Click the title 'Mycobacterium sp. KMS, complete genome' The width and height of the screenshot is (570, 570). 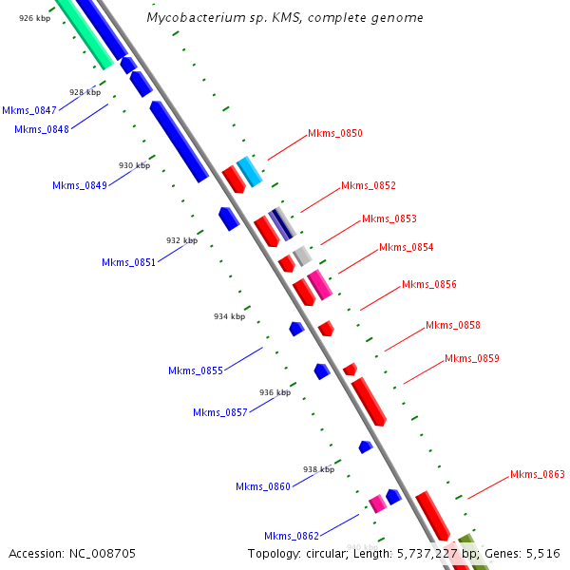click(x=285, y=18)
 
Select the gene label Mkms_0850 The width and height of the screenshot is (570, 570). click(x=335, y=134)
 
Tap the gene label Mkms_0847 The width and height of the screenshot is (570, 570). click(x=29, y=110)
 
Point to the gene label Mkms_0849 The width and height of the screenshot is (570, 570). click(x=79, y=185)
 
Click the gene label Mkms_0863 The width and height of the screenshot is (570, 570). click(x=537, y=474)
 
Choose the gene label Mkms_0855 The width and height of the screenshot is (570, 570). click(x=195, y=370)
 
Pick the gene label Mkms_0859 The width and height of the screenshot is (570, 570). click(x=471, y=358)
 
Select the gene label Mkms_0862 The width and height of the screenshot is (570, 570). click(x=291, y=536)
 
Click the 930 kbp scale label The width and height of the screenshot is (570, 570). click(x=134, y=165)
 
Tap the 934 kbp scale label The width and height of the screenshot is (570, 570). click(x=229, y=316)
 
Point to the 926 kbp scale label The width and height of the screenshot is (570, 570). click(x=34, y=18)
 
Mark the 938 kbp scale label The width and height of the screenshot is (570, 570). click(x=318, y=469)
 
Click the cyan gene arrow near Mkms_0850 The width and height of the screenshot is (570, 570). click(x=249, y=171)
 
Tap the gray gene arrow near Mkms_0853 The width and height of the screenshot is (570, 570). click(x=302, y=255)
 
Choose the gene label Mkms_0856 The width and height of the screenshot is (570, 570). click(x=428, y=284)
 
